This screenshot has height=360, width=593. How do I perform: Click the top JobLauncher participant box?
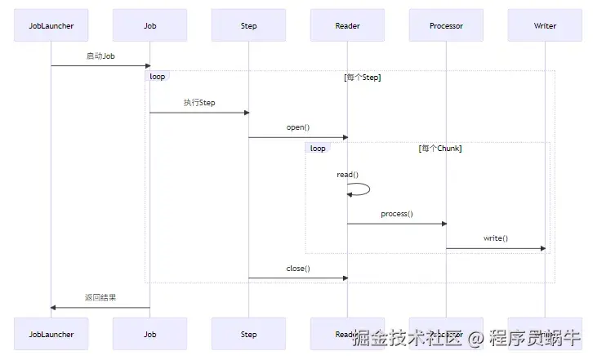point(51,25)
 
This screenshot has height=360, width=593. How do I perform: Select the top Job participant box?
point(149,25)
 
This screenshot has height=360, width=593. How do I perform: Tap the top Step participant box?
point(248,25)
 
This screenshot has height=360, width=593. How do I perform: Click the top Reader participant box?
point(347,25)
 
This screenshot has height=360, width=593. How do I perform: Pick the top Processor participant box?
point(446,25)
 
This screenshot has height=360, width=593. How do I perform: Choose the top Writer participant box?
point(545,25)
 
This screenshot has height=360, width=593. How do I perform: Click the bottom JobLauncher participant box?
point(51,334)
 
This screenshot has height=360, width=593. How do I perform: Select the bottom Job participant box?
point(149,334)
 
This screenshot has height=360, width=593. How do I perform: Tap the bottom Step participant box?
point(248,334)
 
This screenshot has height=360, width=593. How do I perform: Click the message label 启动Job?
point(100,56)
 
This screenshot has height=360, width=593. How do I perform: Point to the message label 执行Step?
point(198,103)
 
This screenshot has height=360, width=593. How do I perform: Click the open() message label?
point(297,127)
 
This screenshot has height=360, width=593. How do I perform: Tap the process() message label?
point(396,214)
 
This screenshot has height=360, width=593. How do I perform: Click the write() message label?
point(495,238)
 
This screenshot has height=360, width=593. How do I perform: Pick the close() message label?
point(297,269)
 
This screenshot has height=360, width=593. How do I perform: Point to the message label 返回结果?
point(100,298)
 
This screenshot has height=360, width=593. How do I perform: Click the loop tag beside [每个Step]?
point(158,77)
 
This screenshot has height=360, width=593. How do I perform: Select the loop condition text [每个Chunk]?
point(440,149)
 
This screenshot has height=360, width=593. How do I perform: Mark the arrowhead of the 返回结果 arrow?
point(54,308)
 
